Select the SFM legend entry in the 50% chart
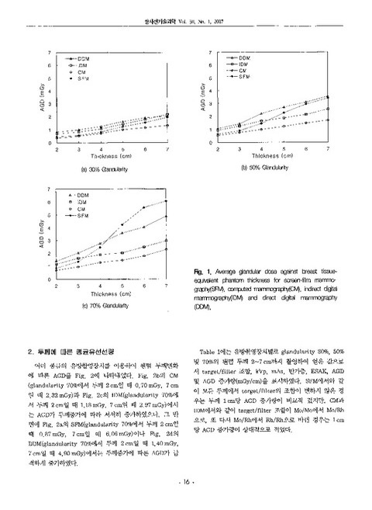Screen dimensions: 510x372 tap(242, 78)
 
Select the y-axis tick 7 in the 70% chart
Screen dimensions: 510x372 tap(50, 189)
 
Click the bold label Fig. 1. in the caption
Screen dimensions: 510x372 tap(204, 270)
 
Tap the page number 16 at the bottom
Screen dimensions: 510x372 tap(185, 482)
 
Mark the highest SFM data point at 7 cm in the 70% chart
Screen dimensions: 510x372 tap(167, 202)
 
